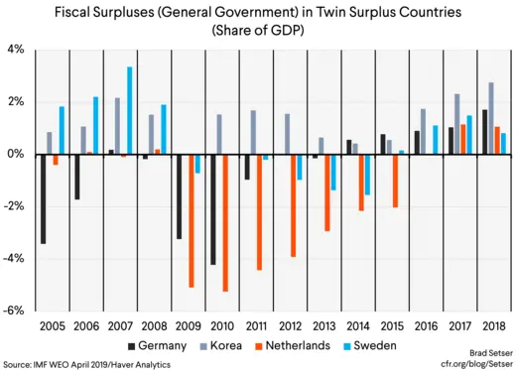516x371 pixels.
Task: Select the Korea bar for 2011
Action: (x=253, y=132)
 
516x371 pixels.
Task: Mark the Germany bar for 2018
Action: (x=484, y=132)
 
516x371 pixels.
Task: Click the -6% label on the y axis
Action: (x=15, y=310)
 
